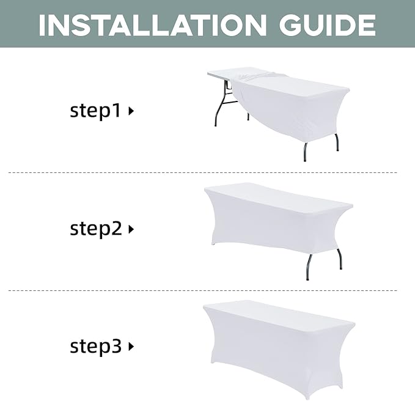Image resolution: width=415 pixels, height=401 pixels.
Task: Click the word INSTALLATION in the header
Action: click(x=152, y=25)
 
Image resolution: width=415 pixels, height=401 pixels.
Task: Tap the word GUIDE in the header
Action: click(x=328, y=25)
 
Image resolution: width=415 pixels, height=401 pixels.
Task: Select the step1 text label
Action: click(x=95, y=111)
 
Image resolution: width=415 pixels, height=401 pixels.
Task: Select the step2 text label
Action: click(x=96, y=229)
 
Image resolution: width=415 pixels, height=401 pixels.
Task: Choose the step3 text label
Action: click(x=95, y=347)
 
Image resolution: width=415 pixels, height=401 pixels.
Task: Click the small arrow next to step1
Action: click(x=131, y=111)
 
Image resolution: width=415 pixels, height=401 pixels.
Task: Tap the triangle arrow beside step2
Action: click(x=131, y=229)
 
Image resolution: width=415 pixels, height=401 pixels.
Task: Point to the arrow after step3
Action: click(x=131, y=347)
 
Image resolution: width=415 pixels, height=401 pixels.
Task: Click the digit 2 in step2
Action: click(x=117, y=228)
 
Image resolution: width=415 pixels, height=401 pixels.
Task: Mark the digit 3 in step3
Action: click(x=116, y=346)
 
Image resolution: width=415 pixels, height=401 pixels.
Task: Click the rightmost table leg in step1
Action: click(x=337, y=142)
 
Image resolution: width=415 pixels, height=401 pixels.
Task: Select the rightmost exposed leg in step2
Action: click(x=340, y=259)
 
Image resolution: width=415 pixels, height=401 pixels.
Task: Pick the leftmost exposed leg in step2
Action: click(x=309, y=267)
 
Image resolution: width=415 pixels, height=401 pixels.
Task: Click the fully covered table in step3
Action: click(x=279, y=350)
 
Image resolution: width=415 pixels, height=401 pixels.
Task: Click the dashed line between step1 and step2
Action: click(x=203, y=172)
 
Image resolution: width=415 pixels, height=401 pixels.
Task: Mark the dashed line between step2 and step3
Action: click(x=203, y=290)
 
